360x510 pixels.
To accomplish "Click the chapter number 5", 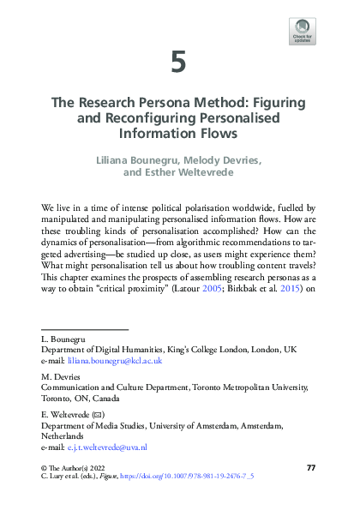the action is pos(178,62).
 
